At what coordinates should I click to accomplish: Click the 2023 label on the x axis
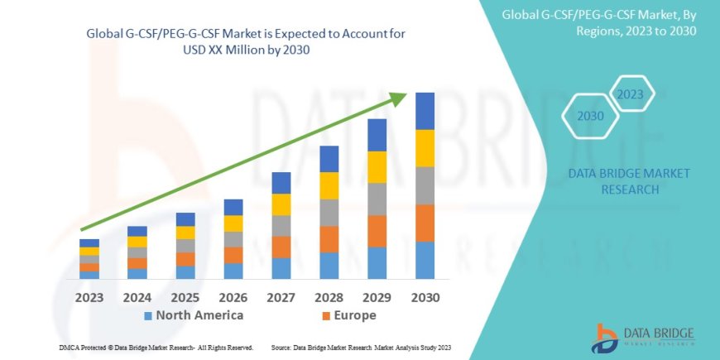[x=89, y=296]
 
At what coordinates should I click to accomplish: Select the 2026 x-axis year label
[x=233, y=296]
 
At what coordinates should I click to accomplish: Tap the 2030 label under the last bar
[x=425, y=296]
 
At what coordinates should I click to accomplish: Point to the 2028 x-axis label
[x=329, y=296]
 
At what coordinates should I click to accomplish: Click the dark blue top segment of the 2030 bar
[x=425, y=111]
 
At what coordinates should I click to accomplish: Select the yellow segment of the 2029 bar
[x=377, y=167]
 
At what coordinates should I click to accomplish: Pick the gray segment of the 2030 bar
[x=425, y=185]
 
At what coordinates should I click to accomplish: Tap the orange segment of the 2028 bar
[x=329, y=239]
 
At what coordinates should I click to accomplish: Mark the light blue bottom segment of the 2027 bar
[x=281, y=268]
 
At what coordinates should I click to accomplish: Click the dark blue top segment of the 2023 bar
[x=89, y=242]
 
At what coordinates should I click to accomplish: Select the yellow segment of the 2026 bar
[x=233, y=223]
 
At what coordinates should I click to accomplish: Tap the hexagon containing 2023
[x=630, y=94]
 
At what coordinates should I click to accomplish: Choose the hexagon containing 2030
[x=590, y=117]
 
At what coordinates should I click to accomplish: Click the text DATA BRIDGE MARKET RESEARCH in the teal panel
[x=630, y=181]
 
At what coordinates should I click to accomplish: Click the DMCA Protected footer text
[x=156, y=348]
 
